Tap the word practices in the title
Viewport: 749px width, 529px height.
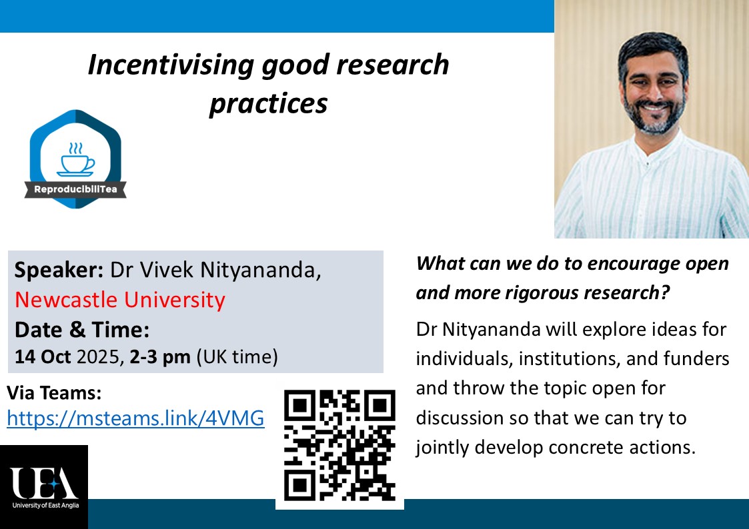pyautogui.click(x=268, y=104)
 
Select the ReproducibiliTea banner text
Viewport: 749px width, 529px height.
pyautogui.click(x=75, y=191)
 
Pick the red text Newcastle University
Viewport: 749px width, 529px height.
pyautogui.click(x=120, y=300)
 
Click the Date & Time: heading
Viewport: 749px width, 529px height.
pyautogui.click(x=82, y=329)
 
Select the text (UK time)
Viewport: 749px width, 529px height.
pyautogui.click(x=236, y=357)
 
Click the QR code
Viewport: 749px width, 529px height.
pyautogui.click(x=339, y=445)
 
